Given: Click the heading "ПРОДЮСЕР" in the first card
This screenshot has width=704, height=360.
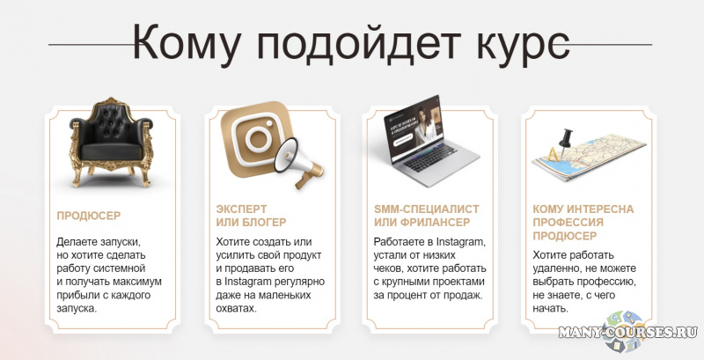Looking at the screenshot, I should (88, 215).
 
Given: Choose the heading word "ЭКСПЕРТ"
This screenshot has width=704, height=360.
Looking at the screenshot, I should (242, 209).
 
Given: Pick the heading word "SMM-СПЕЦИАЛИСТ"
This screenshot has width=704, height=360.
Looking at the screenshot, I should (427, 209).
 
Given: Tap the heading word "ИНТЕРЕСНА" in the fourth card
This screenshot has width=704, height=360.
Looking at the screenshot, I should (603, 209).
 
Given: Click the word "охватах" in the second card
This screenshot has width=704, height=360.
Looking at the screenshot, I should (236, 309).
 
